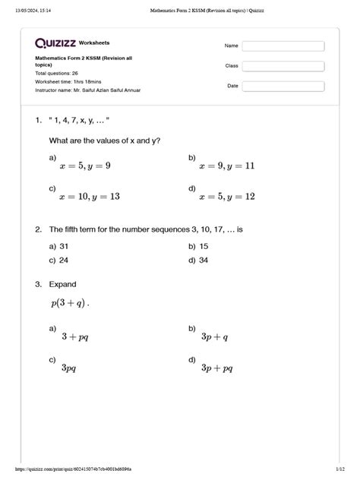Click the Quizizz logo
coord(55,43)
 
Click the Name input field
coord(283,46)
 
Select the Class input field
coord(283,66)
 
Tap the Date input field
coord(283,86)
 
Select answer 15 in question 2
coord(204,246)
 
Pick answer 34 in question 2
coord(204,261)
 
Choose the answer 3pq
coord(68,368)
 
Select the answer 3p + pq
coord(216,368)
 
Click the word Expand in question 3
coord(62,285)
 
